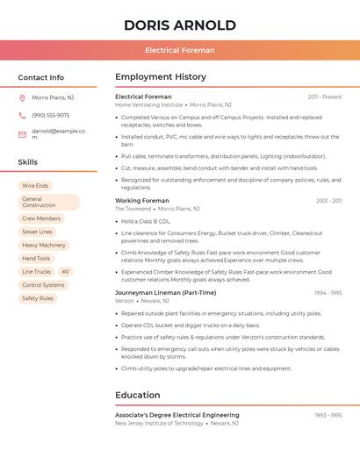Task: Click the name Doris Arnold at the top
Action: pos(180,25)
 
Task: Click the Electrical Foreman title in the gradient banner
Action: pos(180,50)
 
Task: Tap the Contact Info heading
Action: pos(40,77)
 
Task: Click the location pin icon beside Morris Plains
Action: pos(22,98)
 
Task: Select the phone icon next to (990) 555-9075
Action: pos(22,116)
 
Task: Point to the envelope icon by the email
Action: pos(22,134)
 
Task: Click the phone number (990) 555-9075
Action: pos(50,116)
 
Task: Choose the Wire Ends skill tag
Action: pos(35,186)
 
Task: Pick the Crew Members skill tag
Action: pos(41,218)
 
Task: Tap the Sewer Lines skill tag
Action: pos(37,232)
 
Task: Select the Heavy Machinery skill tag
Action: pos(44,245)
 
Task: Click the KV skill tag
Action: pos(65,272)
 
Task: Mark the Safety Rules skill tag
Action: pos(38,298)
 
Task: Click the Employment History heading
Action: pos(161,77)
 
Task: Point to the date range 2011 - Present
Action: pos(324,97)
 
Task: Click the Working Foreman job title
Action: pos(142,201)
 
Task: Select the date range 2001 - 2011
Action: pos(328,201)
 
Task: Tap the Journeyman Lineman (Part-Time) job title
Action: pos(165,293)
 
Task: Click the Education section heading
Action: pos(138,395)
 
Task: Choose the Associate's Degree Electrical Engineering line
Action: pos(176,415)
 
